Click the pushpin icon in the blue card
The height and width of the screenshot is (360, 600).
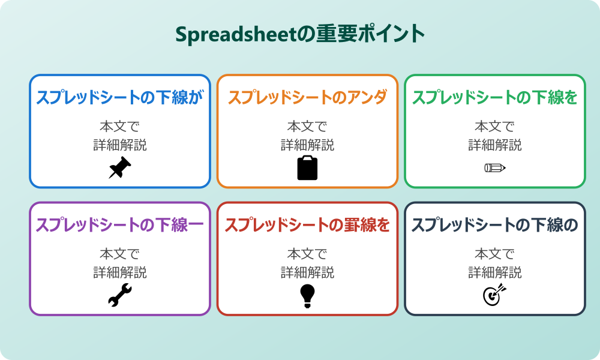click(x=120, y=167)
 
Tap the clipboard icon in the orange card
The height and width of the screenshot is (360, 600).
click(x=307, y=167)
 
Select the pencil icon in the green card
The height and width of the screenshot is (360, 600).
click(x=494, y=167)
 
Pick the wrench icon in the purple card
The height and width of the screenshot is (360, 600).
click(x=120, y=295)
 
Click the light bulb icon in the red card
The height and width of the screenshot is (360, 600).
click(x=307, y=295)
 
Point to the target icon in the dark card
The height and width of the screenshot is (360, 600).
click(x=494, y=295)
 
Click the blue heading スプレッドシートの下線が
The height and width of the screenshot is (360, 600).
click(x=120, y=98)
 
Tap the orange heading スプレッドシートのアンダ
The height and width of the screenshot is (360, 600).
click(x=307, y=98)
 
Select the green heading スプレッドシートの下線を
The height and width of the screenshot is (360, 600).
click(x=494, y=98)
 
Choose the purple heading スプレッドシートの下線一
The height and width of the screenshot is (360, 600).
click(x=120, y=226)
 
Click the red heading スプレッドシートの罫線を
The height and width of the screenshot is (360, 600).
click(x=307, y=226)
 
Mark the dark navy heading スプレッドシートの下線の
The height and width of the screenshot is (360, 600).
click(x=494, y=226)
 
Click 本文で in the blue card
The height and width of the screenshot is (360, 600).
click(x=120, y=127)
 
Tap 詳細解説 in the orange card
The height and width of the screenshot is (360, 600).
click(x=307, y=145)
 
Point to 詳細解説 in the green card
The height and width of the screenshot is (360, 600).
click(x=494, y=145)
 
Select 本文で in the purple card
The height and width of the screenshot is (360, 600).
click(x=120, y=254)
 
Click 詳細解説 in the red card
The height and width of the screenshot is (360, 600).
click(x=307, y=272)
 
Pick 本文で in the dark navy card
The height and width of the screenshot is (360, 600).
click(x=494, y=254)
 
